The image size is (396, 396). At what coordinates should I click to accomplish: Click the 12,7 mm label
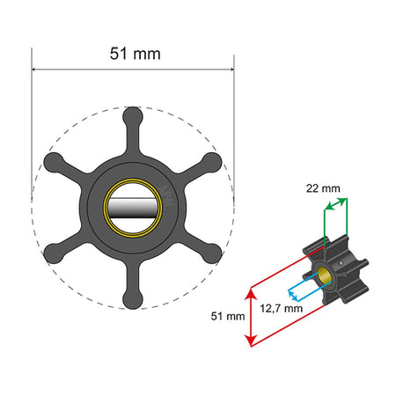[282, 308]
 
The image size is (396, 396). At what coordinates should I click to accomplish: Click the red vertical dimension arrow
[252, 315]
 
